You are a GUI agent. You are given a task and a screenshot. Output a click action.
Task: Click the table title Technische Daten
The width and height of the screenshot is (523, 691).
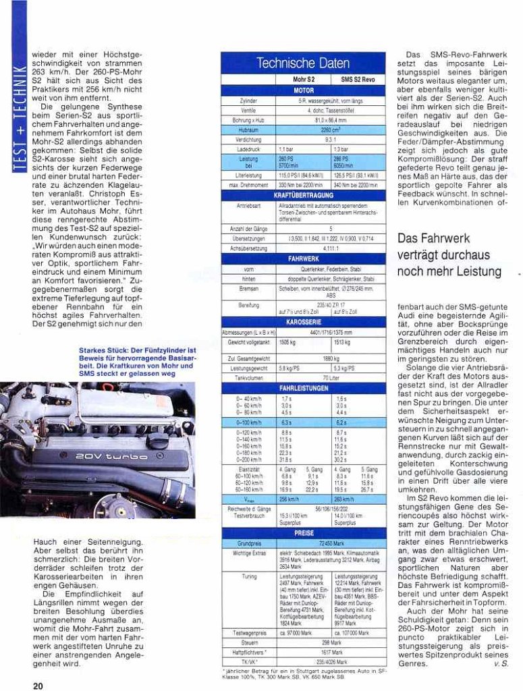pyautogui.click(x=303, y=63)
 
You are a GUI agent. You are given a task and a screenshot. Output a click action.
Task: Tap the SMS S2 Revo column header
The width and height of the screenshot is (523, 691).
pyautogui.click(x=358, y=79)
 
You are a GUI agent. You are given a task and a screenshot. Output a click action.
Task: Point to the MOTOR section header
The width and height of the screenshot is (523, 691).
pyautogui.click(x=303, y=89)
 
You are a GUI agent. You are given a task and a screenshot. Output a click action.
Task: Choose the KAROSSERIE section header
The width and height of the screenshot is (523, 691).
pyautogui.click(x=303, y=323)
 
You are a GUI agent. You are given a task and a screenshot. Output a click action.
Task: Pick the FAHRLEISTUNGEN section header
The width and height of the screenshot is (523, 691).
pyautogui.click(x=303, y=389)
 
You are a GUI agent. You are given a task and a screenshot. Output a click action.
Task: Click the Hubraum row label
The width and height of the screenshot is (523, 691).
pyautogui.click(x=248, y=128)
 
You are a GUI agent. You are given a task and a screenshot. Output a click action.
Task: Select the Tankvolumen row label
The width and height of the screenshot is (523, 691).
pyautogui.click(x=248, y=379)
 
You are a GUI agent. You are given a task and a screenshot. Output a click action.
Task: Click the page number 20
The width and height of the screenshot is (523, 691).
pyautogui.click(x=38, y=685)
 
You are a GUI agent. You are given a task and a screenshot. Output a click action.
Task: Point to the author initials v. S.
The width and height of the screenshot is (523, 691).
pyautogui.click(x=500, y=663)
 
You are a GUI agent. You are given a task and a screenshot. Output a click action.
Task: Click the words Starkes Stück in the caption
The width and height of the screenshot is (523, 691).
pyautogui.click(x=101, y=351)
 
